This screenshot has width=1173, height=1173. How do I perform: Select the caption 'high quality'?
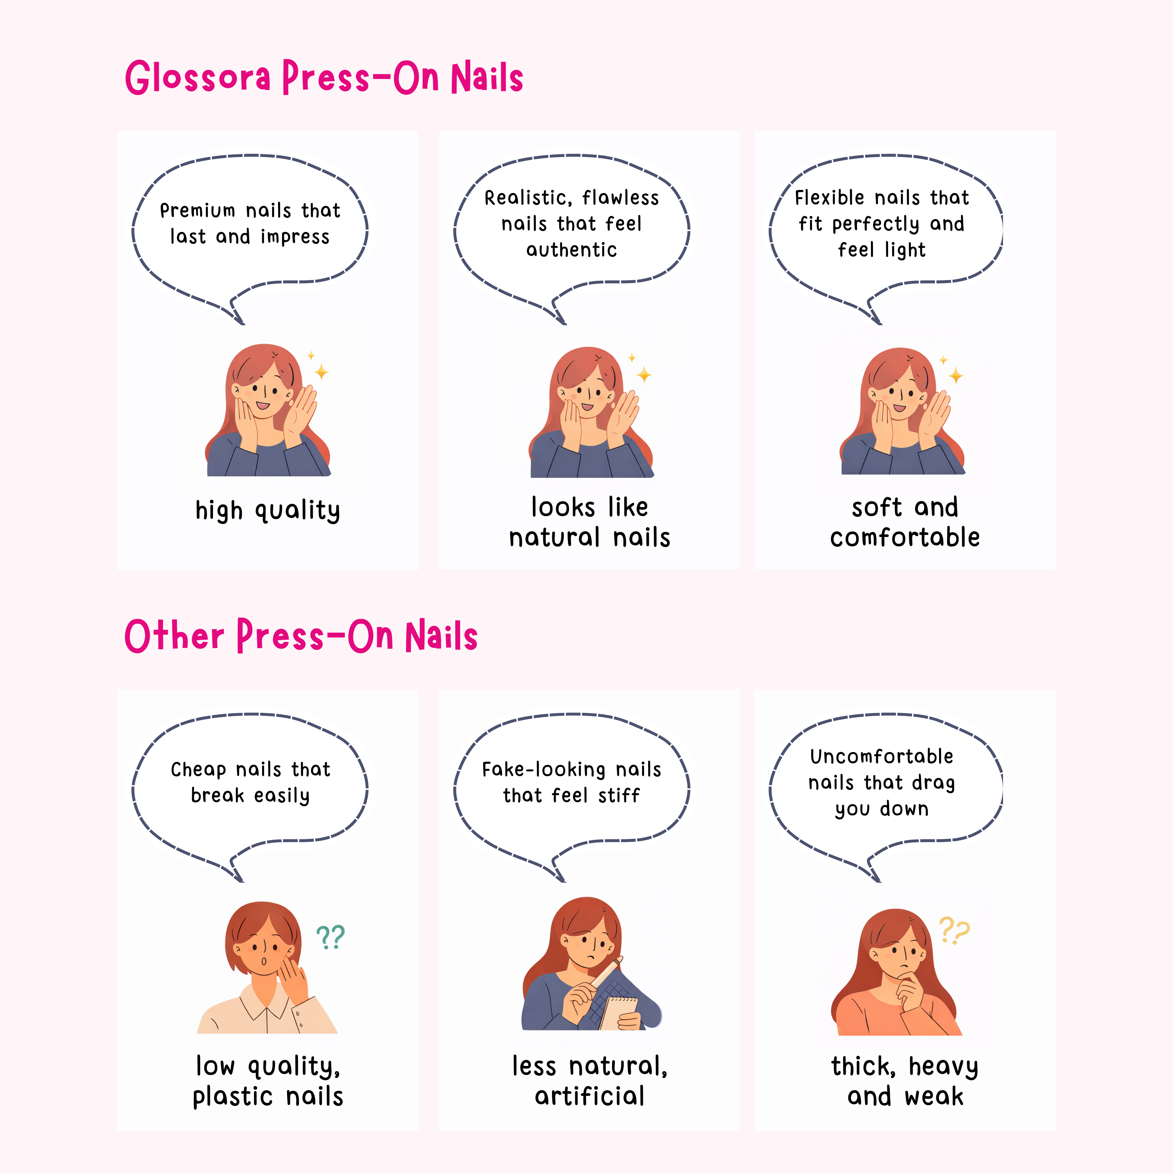pyautogui.click(x=268, y=510)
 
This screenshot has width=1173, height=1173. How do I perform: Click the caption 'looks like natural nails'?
pyautogui.click(x=589, y=522)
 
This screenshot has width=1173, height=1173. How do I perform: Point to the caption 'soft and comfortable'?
pyautogui.click(x=905, y=522)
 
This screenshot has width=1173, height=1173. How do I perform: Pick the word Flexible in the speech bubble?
pyautogui.click(x=829, y=197)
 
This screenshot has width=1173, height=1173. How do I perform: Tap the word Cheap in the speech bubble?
pyautogui.click(x=198, y=770)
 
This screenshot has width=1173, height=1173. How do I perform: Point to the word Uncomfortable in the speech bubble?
pyautogui.click(x=881, y=757)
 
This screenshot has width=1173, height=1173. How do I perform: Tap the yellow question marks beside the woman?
pyautogui.click(x=954, y=930)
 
